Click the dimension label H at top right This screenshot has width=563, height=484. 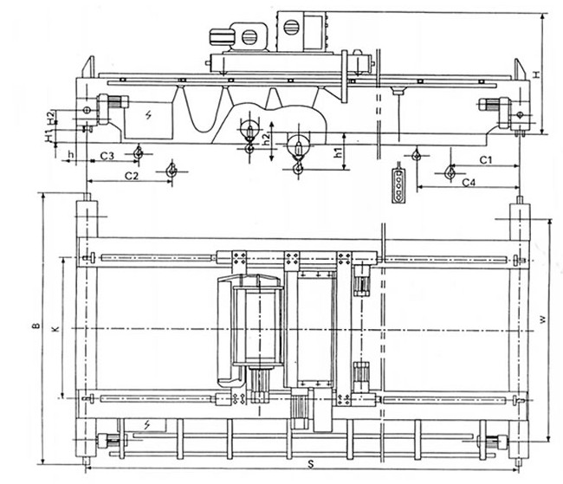click(536, 74)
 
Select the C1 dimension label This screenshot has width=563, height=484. click(486, 160)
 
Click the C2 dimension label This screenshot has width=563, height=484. click(131, 176)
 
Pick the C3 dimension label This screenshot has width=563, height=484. click(107, 156)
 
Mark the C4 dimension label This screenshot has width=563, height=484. click(469, 183)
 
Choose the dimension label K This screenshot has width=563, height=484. click(55, 330)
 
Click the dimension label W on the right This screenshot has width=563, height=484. click(541, 319)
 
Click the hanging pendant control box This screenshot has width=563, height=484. click(398, 183)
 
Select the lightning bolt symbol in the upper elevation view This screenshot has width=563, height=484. click(148, 114)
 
